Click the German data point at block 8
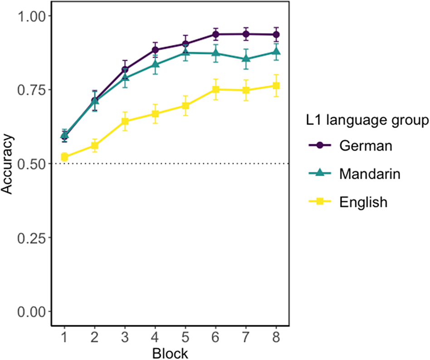tap(276, 35)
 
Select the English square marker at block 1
tap(64, 157)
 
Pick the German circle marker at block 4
tap(155, 50)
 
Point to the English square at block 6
tap(215, 89)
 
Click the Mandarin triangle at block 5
tap(186, 53)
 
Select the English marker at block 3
tap(125, 121)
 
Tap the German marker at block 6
tap(215, 34)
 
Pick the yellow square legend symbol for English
tap(320, 202)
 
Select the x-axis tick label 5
tap(186, 338)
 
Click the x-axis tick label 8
tap(276, 338)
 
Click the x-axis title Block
tap(170, 352)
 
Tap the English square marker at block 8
tap(276, 86)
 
